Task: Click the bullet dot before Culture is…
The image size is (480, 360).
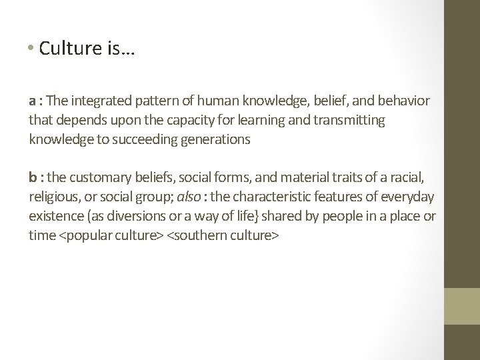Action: tap(33, 49)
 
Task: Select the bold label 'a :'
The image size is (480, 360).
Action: tap(36, 101)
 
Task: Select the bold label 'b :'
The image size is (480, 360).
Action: tap(37, 178)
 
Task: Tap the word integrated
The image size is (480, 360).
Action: tap(99, 101)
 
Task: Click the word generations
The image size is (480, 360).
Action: tap(213, 140)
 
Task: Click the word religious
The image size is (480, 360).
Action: tap(53, 197)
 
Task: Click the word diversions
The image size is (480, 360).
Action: tap(121, 217)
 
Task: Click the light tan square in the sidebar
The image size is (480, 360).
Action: tap(461, 307)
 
